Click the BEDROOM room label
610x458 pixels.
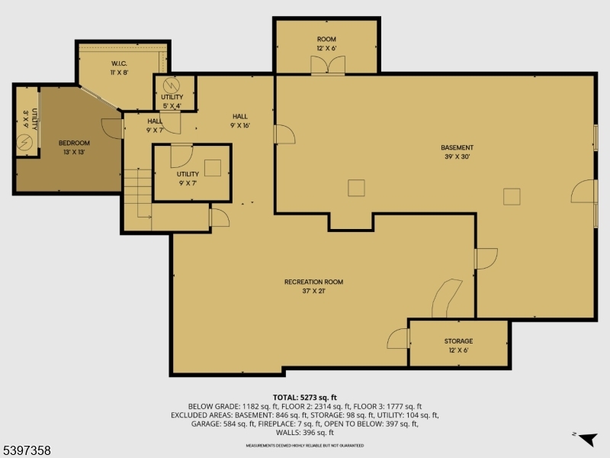75,143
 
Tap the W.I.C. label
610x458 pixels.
118,63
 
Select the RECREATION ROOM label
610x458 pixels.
313,282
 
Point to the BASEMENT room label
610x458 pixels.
457,147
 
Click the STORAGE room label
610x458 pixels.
458,341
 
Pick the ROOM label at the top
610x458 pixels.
326,39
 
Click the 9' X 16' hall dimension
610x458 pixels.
240,125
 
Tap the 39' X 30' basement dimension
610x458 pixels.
457,156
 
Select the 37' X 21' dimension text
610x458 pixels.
313,291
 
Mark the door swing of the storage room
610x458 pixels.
398,337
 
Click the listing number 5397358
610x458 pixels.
27,451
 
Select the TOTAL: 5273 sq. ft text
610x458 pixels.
305,397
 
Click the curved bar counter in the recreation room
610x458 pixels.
445,298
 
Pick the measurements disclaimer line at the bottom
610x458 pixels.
305,445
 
